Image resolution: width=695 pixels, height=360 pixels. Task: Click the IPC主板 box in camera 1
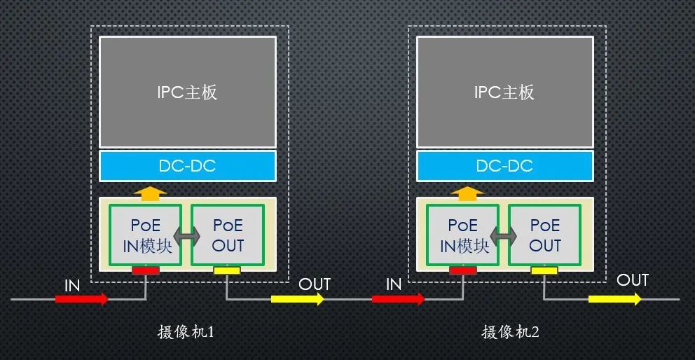tap(187, 92)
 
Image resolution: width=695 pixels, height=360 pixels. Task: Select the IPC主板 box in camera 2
tap(504, 92)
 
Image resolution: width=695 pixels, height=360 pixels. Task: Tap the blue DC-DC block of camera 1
tap(187, 166)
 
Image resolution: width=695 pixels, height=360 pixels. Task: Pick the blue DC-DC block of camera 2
tap(504, 166)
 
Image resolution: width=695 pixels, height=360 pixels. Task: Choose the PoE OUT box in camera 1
tap(228, 235)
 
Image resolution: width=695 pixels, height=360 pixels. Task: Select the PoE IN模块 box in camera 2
tap(463, 235)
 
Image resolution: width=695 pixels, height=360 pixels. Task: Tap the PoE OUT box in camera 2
tap(545, 235)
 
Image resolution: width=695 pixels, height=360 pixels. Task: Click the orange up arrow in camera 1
tap(150, 193)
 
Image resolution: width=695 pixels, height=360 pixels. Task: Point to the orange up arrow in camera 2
tap(467, 193)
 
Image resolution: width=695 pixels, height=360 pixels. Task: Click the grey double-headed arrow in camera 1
tap(186, 237)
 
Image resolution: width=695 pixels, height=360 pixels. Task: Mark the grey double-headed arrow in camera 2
tap(504, 237)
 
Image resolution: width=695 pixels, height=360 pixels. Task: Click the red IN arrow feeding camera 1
tap(82, 299)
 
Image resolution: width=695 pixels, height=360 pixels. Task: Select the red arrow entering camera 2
tap(399, 299)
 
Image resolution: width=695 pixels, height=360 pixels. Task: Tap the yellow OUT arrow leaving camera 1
tap(298, 299)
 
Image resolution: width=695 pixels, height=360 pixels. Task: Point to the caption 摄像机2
tap(510, 332)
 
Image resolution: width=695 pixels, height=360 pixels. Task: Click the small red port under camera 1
tap(146, 270)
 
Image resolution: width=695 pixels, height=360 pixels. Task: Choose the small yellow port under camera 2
tap(544, 270)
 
